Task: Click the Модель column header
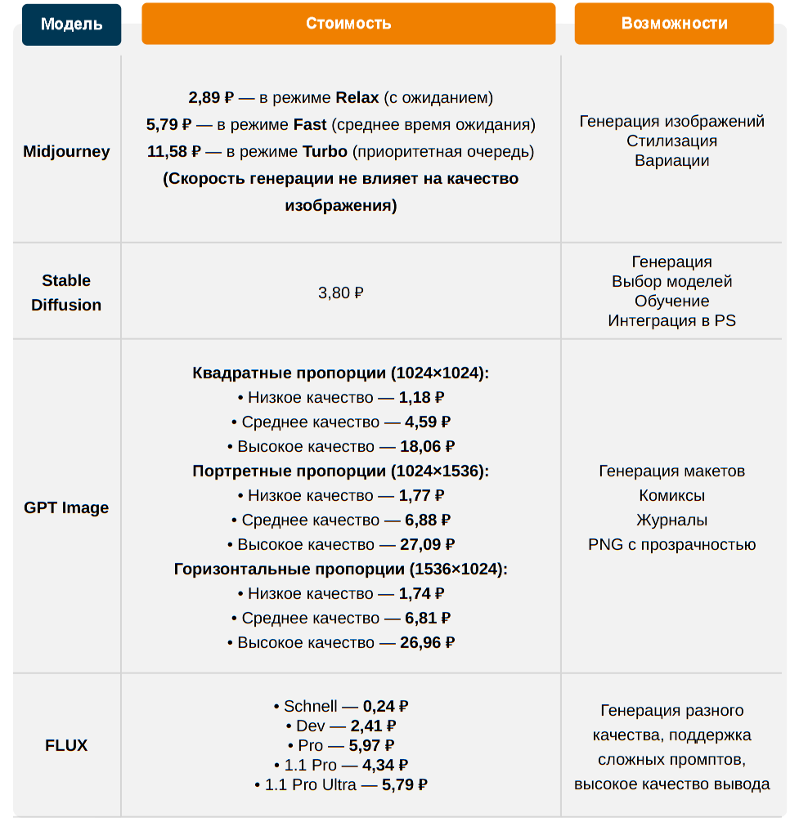tap(72, 24)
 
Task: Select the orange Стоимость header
tap(348, 24)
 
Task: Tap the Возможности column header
tap(674, 24)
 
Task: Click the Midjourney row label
tap(66, 151)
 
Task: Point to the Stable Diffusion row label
tap(66, 293)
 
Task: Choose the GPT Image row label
tap(66, 507)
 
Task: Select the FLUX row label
tap(66, 745)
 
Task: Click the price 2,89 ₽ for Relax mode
tap(211, 98)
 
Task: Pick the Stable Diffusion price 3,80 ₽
tap(340, 293)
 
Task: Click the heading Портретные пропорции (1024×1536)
tap(340, 471)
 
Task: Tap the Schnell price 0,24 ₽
tap(385, 707)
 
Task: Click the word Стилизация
tap(672, 141)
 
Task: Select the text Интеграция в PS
tap(672, 320)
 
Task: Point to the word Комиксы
tap(672, 496)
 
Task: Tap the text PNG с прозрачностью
tap(672, 545)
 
